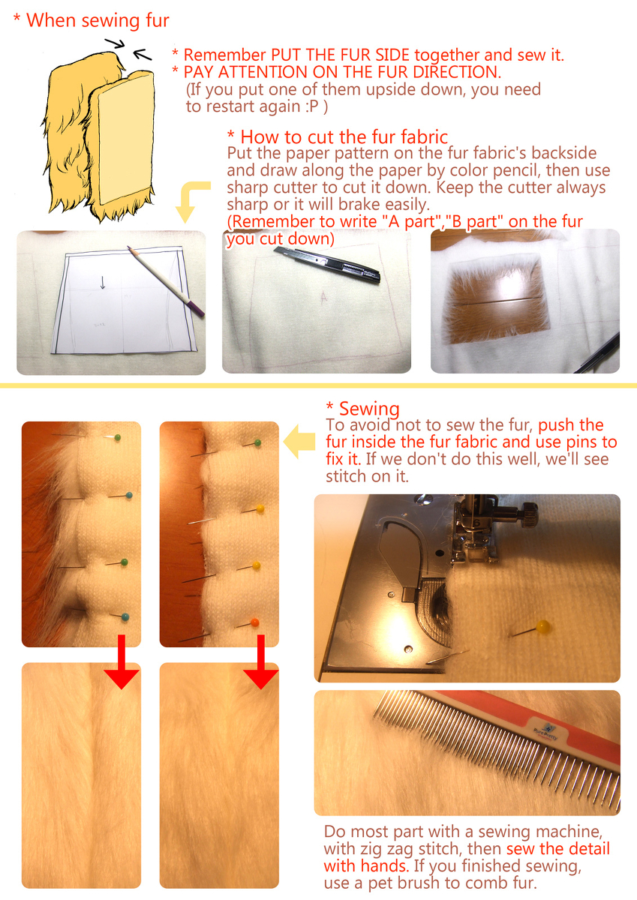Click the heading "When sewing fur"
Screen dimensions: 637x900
click(98, 21)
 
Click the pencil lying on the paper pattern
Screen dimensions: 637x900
click(166, 281)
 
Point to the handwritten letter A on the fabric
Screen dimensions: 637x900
click(324, 297)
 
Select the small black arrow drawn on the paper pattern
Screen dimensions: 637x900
click(103, 283)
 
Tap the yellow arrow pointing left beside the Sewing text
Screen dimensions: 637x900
click(299, 442)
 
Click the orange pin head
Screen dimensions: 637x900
click(255, 622)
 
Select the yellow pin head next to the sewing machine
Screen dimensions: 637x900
click(543, 626)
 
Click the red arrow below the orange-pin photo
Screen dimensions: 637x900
click(261, 661)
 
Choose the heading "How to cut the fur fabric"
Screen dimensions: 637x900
click(344, 137)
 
